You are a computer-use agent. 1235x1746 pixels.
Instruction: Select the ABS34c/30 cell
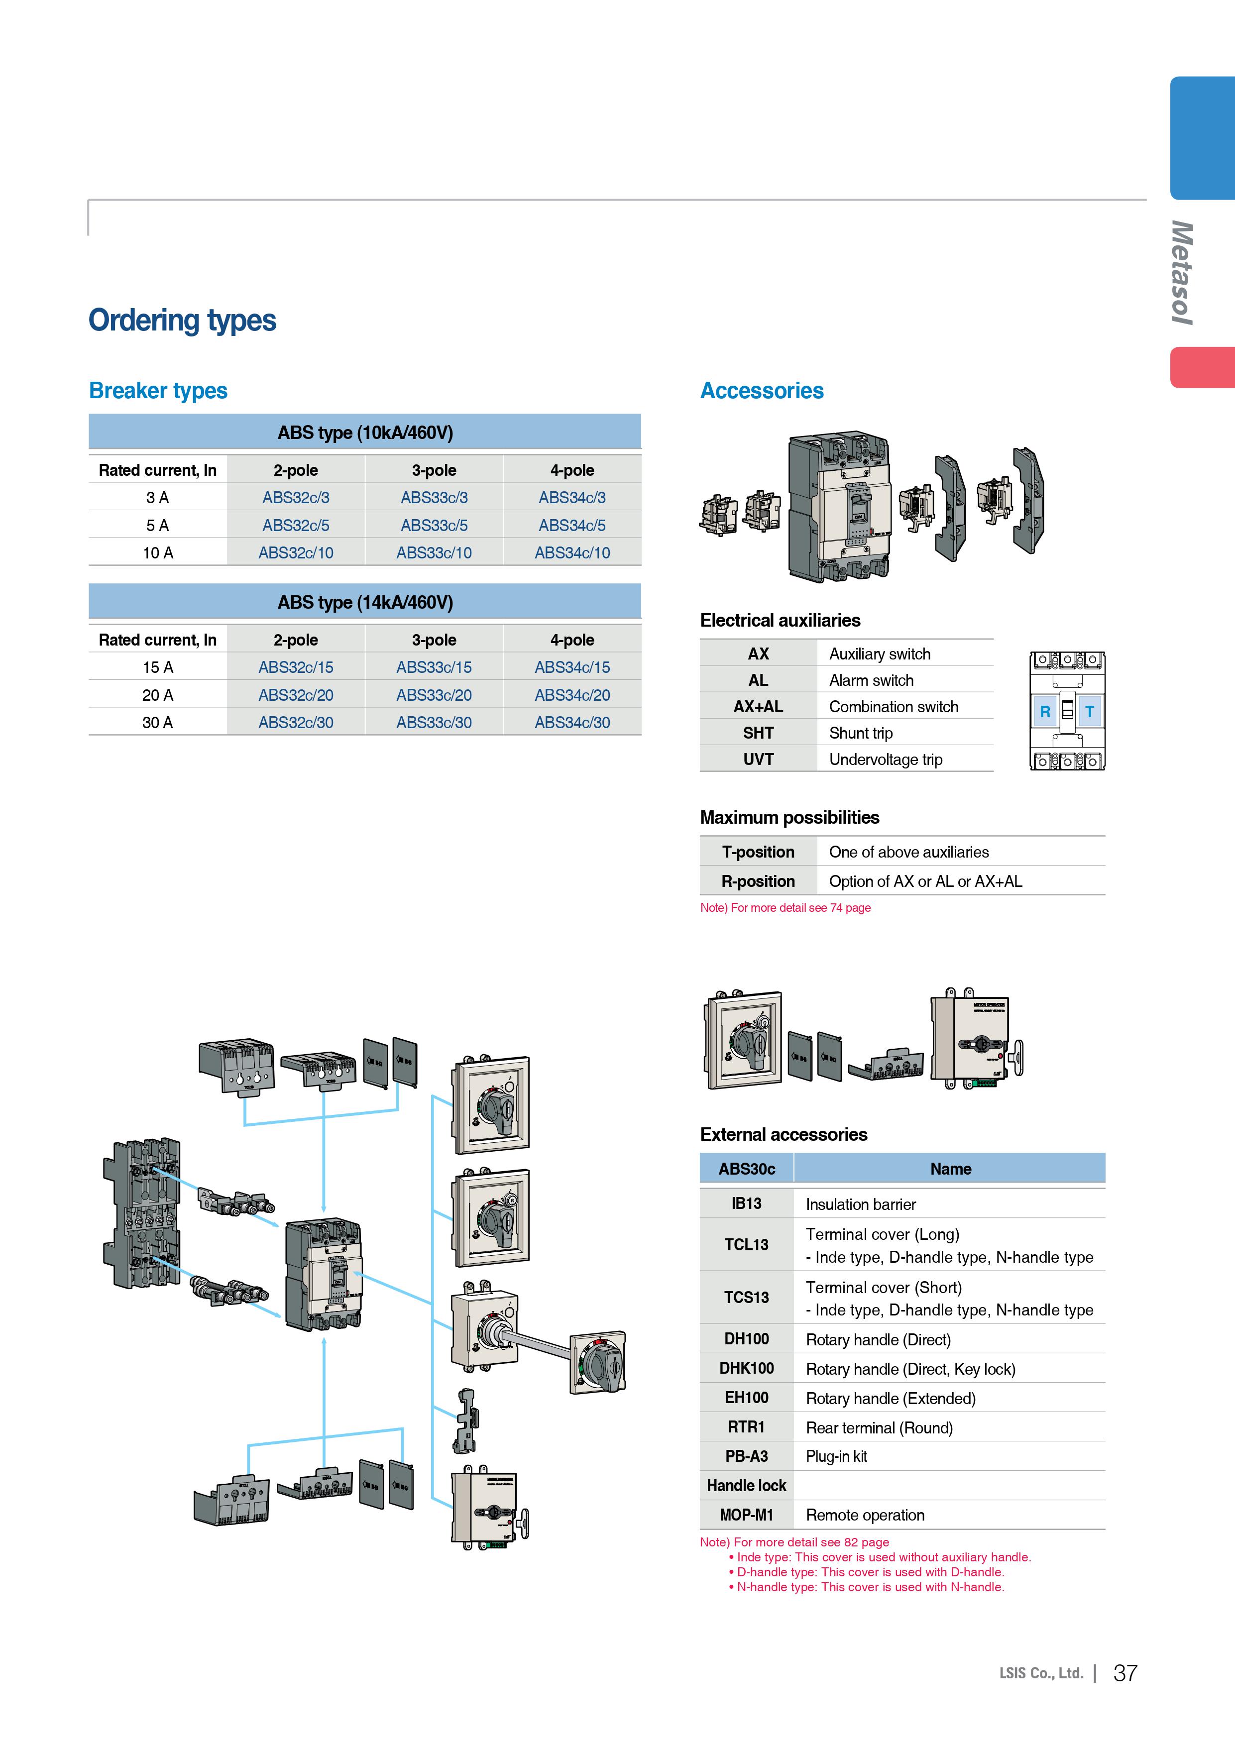click(x=572, y=722)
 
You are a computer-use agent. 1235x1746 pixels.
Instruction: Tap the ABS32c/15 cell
click(x=295, y=667)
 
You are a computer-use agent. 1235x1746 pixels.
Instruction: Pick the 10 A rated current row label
click(x=157, y=553)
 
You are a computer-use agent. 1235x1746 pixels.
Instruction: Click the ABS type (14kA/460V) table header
click(x=365, y=602)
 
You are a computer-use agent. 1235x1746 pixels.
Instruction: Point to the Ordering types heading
click(x=183, y=320)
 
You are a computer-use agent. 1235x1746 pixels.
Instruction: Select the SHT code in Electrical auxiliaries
click(x=758, y=733)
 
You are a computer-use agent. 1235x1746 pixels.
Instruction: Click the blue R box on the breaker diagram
click(x=1045, y=712)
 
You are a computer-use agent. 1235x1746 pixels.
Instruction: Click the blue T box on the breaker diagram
click(x=1089, y=712)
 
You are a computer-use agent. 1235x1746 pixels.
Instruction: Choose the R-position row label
click(x=758, y=881)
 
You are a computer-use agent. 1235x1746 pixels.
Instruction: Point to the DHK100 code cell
click(x=746, y=1369)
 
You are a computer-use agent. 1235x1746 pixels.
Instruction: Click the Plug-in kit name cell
click(x=836, y=1456)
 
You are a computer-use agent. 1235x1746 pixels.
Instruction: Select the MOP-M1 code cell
click(x=746, y=1515)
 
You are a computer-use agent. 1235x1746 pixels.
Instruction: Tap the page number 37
click(x=1124, y=1673)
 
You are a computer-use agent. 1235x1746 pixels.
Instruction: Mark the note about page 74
click(x=785, y=908)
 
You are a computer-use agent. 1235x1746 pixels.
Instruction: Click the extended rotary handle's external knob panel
click(x=598, y=1363)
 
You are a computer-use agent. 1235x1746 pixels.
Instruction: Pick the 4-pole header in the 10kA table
click(x=572, y=470)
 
